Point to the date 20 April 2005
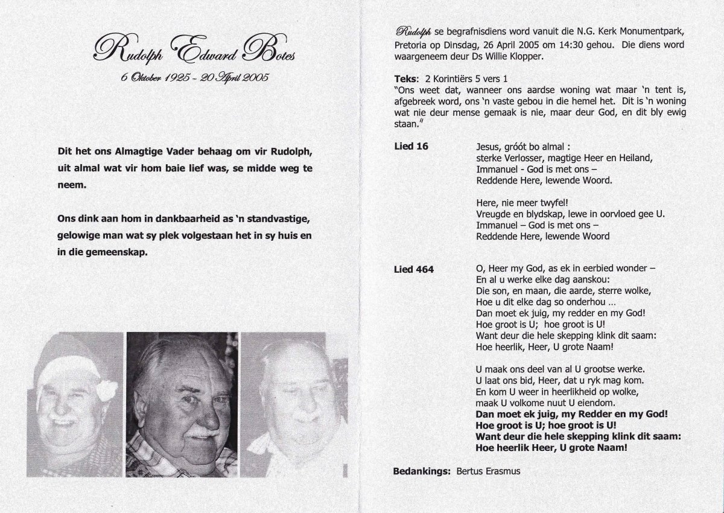(x=237, y=77)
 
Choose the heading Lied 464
(x=413, y=269)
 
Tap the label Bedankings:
(x=421, y=470)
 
